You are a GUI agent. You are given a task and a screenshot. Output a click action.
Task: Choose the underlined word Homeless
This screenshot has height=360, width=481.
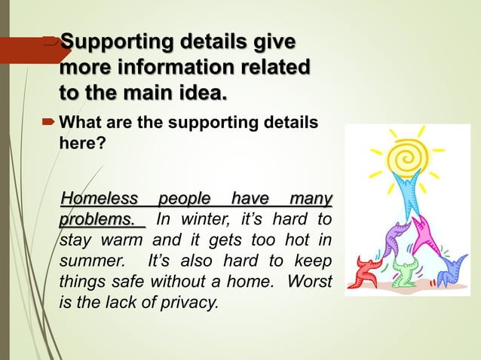point(99,200)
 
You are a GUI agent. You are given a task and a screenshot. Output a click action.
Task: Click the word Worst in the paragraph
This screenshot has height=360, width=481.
point(308,284)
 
